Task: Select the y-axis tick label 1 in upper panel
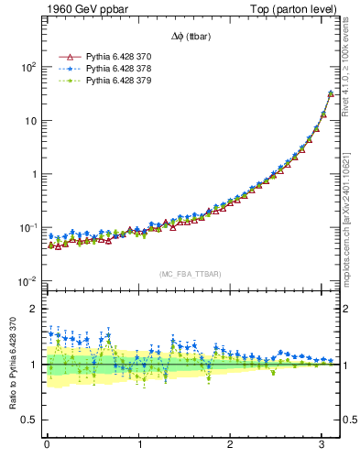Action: [x=34, y=174]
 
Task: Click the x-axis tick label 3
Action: [x=323, y=446]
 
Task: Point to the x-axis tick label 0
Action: [x=47, y=446]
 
